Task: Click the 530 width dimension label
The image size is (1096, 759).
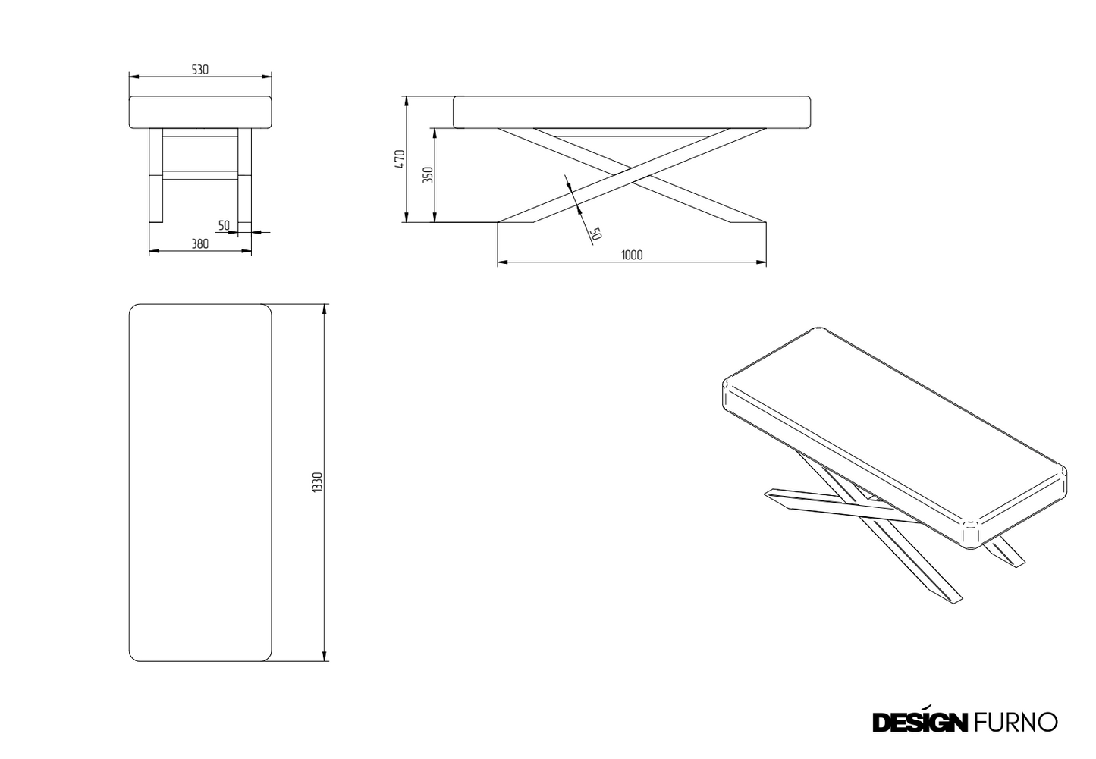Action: [199, 70]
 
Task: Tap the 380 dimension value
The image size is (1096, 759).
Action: [199, 243]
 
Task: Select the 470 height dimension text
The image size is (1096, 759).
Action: [400, 159]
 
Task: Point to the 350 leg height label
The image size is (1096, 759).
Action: [428, 174]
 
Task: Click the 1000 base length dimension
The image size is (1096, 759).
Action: [632, 255]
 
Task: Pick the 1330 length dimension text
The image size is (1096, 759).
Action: [318, 482]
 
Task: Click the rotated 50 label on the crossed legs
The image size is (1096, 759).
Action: [595, 234]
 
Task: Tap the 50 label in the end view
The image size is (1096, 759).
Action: [224, 225]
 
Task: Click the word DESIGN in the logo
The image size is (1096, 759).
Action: [920, 722]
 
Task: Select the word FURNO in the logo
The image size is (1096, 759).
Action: [1016, 722]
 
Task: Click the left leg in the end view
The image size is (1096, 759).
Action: [155, 176]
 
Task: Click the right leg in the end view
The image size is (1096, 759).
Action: [245, 176]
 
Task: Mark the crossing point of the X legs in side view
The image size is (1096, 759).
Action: [632, 176]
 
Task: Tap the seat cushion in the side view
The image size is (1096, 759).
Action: [632, 112]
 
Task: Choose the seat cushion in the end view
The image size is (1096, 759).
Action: [200, 112]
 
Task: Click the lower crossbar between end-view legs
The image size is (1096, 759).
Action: [200, 175]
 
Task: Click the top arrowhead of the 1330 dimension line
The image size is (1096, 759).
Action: [324, 309]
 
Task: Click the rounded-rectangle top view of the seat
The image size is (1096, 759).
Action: [200, 483]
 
